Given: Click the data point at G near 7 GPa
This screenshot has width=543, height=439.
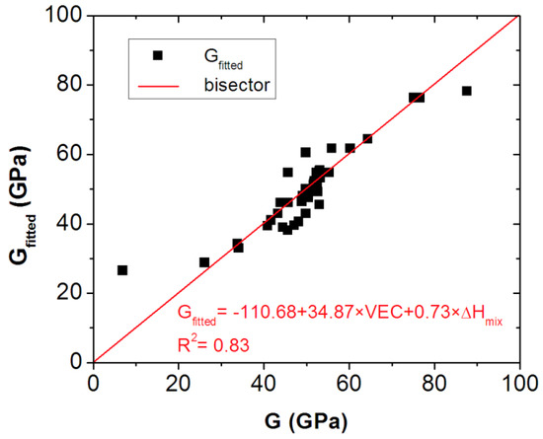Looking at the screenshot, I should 122,269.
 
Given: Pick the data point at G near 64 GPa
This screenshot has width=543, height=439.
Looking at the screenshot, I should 367,139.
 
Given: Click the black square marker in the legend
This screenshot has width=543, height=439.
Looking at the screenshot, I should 156,56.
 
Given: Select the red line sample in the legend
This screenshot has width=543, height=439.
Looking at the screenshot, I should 156,86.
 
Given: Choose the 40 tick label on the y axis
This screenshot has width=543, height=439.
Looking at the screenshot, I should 71,224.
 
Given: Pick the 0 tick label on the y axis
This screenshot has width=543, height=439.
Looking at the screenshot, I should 76,362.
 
